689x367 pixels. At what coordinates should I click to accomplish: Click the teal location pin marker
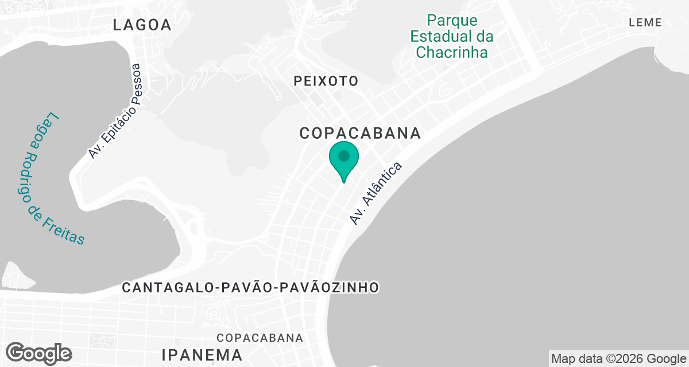[344, 161]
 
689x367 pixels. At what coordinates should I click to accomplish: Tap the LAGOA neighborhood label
[142, 25]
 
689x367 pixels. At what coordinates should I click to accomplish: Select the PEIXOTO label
[326, 81]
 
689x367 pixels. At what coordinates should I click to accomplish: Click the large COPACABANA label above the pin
[361, 134]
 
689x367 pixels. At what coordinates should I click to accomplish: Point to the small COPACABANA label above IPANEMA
[260, 337]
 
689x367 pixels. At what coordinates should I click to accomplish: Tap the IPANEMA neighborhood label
[202, 353]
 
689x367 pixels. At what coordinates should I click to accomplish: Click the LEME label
[645, 23]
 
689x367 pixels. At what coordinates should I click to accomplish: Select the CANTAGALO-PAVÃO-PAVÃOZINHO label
[250, 287]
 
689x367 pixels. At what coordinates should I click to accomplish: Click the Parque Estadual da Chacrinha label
[452, 37]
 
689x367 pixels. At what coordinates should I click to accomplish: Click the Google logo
[39, 353]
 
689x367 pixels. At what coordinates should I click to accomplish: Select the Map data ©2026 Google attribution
[618, 359]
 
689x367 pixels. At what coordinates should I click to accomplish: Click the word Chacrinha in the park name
[452, 53]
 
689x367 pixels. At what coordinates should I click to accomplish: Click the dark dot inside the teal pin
[344, 155]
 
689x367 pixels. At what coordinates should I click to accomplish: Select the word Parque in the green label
[452, 21]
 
